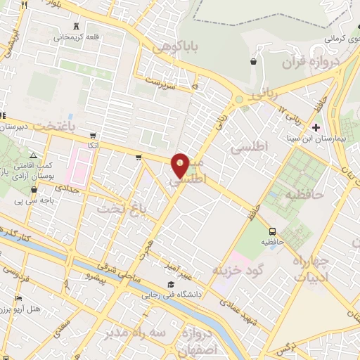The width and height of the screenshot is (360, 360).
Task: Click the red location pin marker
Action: pos(181,165)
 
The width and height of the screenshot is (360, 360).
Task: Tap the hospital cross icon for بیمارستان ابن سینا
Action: pos(316,128)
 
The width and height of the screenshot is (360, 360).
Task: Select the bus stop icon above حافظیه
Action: pos(271,231)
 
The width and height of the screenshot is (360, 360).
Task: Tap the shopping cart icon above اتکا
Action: pos(93,136)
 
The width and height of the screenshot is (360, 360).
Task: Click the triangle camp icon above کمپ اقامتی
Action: pos(33,155)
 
